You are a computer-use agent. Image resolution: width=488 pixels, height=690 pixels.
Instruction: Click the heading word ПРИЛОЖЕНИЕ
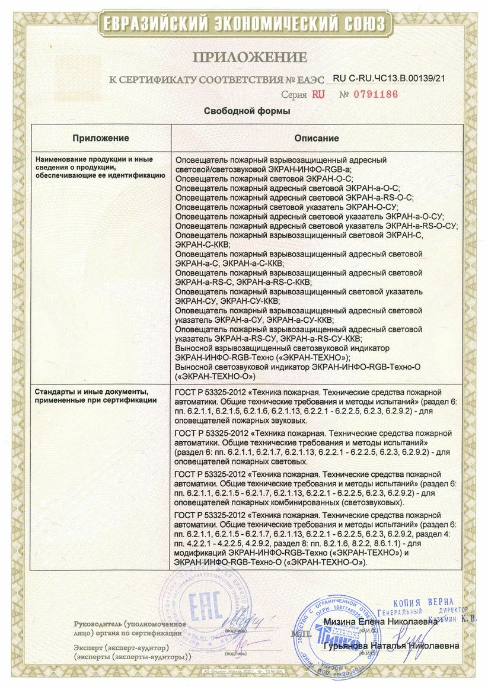[249, 57]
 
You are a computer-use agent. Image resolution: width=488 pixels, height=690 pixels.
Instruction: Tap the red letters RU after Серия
[318, 94]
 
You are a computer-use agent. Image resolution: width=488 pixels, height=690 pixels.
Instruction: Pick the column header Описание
[317, 138]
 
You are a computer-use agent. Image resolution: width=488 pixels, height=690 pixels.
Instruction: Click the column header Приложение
[101, 138]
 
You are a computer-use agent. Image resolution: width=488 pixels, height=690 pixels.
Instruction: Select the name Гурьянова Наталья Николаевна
[391, 644]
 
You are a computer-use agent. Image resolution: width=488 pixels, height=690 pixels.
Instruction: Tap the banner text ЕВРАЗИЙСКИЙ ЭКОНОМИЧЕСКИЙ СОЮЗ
[244, 24]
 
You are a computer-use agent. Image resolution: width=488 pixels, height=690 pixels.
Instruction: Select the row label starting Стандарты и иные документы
[96, 396]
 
